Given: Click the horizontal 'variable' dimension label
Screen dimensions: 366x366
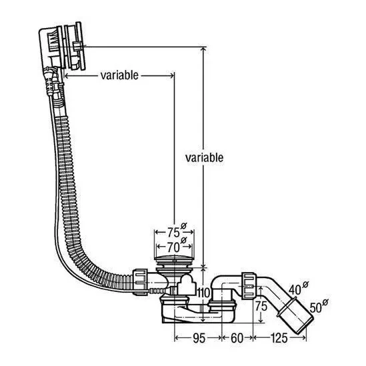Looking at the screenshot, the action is click(x=119, y=75).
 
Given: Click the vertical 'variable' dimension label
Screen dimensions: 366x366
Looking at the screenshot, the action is click(x=204, y=158).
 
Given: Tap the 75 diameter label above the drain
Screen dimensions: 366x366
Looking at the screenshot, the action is click(x=173, y=232).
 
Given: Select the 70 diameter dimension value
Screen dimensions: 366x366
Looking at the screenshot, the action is click(x=173, y=247).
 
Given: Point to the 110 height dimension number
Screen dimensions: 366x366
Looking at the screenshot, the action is click(x=204, y=293).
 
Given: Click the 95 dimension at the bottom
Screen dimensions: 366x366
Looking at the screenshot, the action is click(x=199, y=338).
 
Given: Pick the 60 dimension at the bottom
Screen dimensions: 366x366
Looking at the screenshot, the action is click(x=237, y=338).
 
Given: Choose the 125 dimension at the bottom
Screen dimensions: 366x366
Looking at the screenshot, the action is click(x=279, y=338).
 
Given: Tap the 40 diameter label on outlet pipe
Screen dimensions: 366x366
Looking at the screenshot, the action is click(x=295, y=290).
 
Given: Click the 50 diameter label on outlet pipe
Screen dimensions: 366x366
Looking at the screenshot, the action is click(x=315, y=307).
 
